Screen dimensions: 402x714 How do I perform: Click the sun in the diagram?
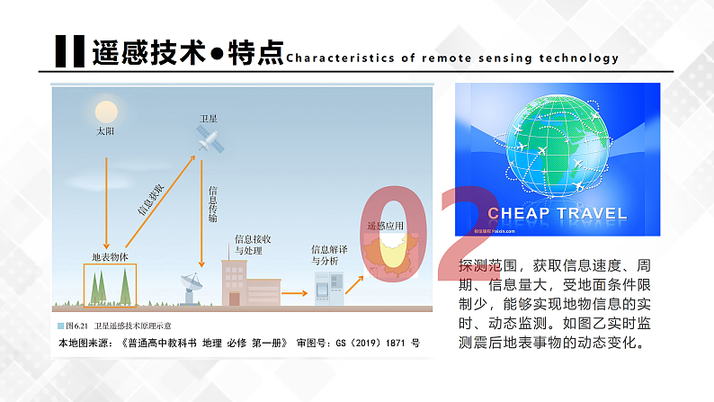pos(106,112)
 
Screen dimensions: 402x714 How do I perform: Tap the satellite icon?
pos(209,138)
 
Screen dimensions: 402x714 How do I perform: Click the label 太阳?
pos(106,131)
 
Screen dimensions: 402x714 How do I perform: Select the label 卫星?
pos(209,119)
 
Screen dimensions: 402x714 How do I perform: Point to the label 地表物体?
pos(110,256)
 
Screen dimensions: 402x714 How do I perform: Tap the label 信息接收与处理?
pos(253,245)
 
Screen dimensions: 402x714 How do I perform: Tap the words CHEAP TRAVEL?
pos(558,214)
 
